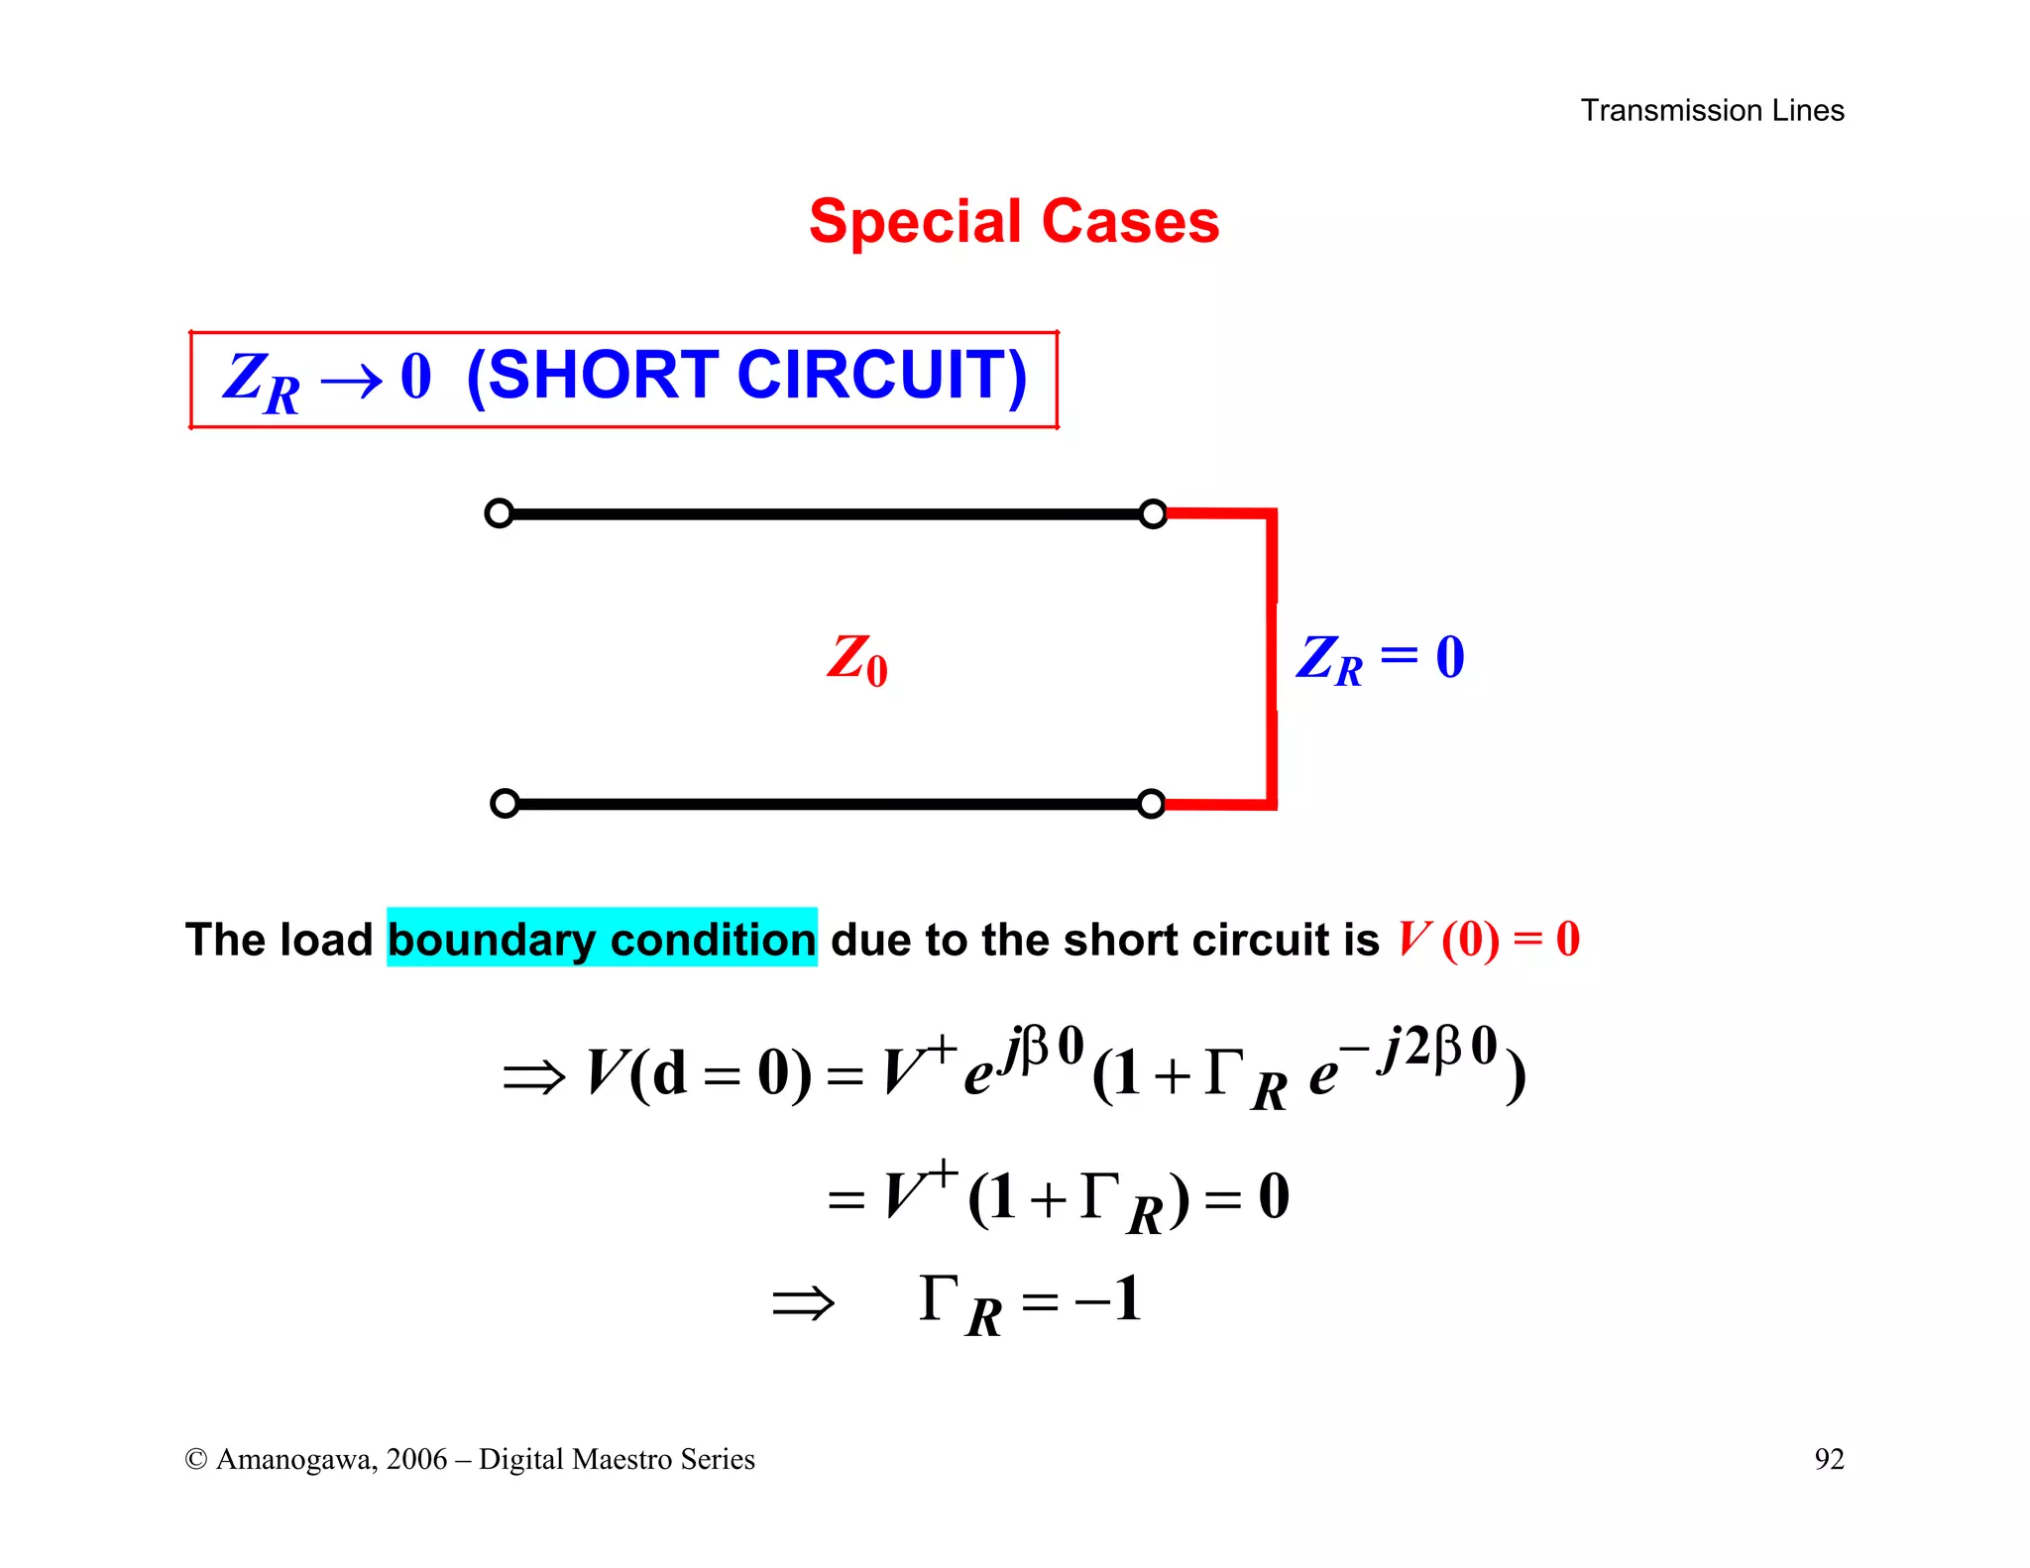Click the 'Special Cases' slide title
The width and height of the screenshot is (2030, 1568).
(x=1014, y=221)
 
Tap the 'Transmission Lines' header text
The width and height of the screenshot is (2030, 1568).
(x=1712, y=110)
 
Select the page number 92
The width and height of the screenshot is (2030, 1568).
(x=1829, y=1459)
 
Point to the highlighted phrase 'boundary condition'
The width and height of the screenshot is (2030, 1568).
(x=602, y=939)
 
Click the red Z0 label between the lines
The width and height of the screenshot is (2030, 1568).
(x=857, y=659)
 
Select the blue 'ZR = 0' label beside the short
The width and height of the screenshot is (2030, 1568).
(x=1380, y=658)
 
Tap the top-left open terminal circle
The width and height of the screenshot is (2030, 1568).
(x=499, y=513)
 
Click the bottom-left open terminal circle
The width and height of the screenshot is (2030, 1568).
(x=505, y=803)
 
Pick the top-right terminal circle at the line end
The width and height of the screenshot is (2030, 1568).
(x=1153, y=513)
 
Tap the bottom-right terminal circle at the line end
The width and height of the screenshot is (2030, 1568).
(x=1151, y=803)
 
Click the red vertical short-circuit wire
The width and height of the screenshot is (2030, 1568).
(x=1272, y=659)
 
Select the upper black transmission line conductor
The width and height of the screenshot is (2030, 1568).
(x=826, y=514)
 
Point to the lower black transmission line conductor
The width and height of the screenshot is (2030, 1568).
(x=828, y=804)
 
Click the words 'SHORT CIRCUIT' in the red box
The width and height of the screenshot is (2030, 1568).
(x=746, y=376)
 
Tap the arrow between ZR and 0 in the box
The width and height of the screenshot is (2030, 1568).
(x=352, y=381)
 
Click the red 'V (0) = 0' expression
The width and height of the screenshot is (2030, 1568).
(x=1488, y=939)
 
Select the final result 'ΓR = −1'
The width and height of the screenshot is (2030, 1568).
(x=1030, y=1301)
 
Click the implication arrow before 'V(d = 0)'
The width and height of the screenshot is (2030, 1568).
(x=533, y=1076)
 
